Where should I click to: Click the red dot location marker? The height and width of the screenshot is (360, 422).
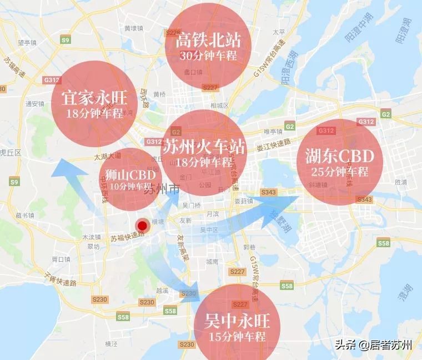coord(143,226)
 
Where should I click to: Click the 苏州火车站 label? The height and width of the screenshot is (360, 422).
coord(204,147)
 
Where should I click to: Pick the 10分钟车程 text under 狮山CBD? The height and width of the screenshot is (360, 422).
coord(130,186)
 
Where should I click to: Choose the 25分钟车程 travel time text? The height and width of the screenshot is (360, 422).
coord(340,172)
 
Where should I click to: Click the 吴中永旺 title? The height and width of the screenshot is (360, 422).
coord(237,322)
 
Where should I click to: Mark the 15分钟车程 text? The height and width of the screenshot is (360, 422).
coord(237,337)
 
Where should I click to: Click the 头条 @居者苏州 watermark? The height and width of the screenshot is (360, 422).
coord(374,344)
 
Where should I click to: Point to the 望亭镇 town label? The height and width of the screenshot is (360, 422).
coord(26,42)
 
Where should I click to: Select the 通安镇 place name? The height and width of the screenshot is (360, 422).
coord(34,103)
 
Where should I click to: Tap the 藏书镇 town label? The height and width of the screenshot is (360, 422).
coord(26,215)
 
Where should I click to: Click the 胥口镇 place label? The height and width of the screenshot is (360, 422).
coord(59,259)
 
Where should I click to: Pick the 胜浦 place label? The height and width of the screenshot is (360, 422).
coord(400,182)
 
